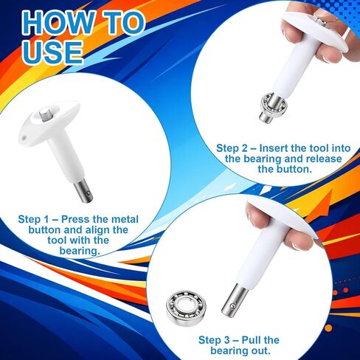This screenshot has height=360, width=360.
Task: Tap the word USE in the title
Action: tap(52, 52)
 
